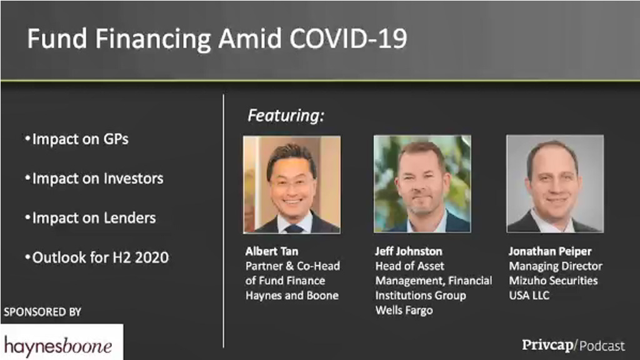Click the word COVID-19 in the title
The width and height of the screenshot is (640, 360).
348,39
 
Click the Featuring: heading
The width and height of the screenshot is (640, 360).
286,116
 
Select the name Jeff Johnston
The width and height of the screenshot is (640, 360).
408,252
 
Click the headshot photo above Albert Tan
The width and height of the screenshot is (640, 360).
292,184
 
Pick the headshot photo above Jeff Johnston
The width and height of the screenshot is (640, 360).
422,184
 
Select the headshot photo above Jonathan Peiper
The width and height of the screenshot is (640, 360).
555,184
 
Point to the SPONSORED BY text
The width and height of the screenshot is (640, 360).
42,311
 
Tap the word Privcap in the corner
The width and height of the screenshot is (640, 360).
547,344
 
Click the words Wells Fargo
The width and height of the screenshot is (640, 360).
404,310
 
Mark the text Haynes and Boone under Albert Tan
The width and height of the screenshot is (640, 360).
292,296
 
